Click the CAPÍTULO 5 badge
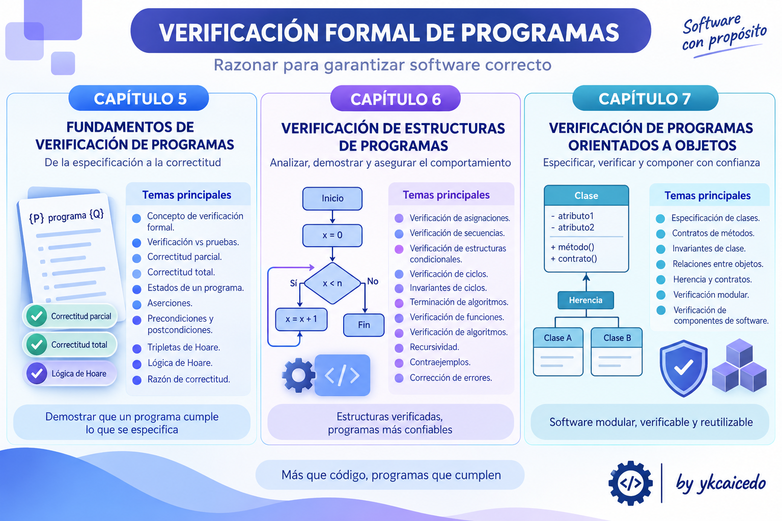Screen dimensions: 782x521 coord(138,98)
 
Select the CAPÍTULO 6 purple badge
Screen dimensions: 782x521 coord(395,99)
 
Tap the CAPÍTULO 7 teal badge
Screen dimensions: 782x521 coord(645,98)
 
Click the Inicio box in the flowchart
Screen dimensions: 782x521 coord(332,198)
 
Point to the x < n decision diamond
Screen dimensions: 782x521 coord(332,283)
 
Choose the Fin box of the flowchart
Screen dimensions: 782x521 coord(364,325)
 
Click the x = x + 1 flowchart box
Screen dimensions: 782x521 coord(301,319)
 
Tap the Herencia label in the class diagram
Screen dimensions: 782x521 coord(586,300)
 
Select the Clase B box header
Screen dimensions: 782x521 coord(617,337)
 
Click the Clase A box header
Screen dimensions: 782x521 coord(558,337)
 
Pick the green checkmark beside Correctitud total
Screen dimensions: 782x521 coord(37,344)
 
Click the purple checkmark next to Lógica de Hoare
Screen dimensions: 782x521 coord(37,373)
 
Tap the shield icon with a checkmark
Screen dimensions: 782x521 coord(683,368)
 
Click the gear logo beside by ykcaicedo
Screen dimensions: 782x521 coord(630,483)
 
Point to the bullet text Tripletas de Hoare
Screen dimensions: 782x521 coord(184,348)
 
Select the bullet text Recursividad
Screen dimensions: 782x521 coord(434,347)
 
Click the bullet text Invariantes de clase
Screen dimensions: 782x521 coord(709,248)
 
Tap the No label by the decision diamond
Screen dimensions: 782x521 coord(373,281)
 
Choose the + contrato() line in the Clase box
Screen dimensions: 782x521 coord(574,258)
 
